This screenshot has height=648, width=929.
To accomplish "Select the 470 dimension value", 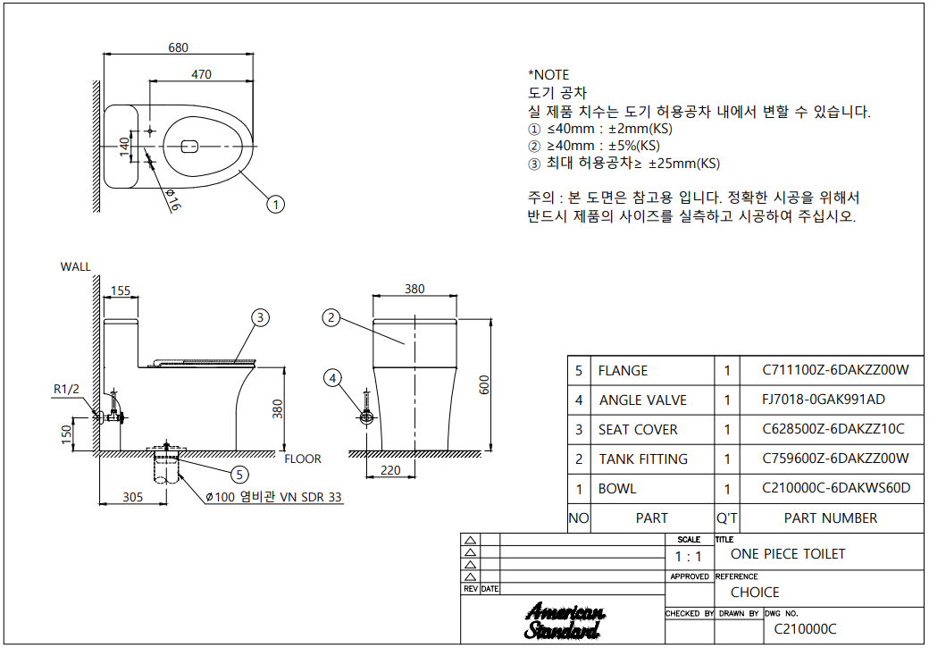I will tap(202, 74).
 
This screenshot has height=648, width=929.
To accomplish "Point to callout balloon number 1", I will tap(276, 205).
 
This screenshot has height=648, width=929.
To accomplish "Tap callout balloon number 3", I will tap(259, 317).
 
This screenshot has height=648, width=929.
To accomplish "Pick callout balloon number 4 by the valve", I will tap(333, 378).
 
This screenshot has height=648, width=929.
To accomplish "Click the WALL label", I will tap(75, 266).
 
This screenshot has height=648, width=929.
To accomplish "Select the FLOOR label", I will tap(303, 459).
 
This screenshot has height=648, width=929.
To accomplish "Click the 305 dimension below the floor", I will tap(133, 497).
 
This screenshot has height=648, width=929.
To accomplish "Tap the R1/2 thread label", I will tap(67, 389).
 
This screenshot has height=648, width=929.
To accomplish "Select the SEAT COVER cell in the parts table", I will tap(638, 430).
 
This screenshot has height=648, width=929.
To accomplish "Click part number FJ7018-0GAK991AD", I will tap(824, 400).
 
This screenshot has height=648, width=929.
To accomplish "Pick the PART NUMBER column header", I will tap(830, 518).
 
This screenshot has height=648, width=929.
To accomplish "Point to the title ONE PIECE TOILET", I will tap(787, 554).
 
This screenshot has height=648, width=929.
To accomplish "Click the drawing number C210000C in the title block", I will tap(805, 629).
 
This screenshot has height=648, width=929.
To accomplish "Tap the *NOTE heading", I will tap(548, 75).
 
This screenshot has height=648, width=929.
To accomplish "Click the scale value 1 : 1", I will tap(688, 556).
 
